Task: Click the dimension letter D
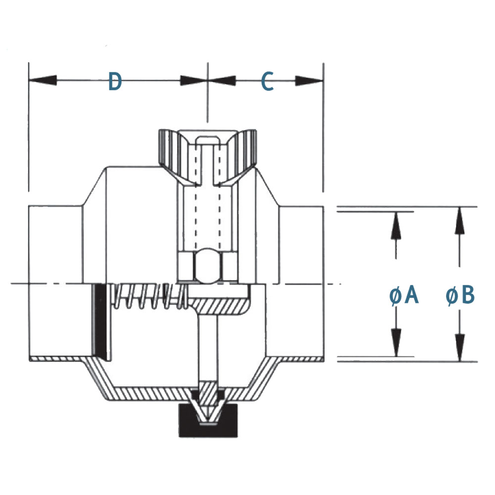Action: click(115, 82)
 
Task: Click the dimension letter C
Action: click(267, 82)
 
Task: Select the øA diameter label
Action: click(404, 296)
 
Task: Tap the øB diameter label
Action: click(460, 296)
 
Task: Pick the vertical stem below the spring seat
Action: click(207, 346)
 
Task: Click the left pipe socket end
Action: click(54, 282)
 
